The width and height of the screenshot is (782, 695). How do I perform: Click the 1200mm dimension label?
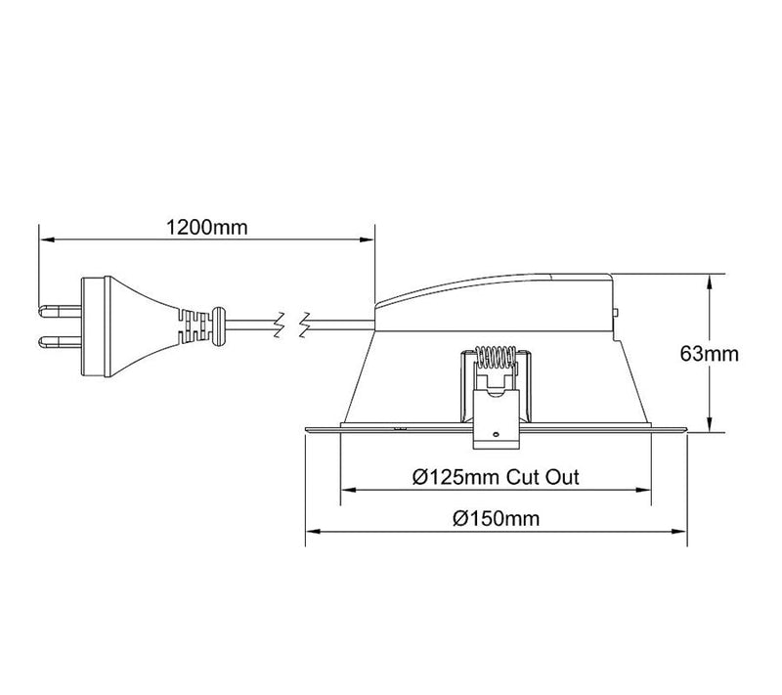pos(206,228)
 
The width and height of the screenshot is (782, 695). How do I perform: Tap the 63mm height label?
pos(710,354)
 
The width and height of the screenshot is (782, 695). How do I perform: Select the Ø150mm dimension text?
pos(497,518)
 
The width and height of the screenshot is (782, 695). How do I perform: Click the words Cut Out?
pos(543,477)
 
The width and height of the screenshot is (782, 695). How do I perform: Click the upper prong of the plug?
pos(60,312)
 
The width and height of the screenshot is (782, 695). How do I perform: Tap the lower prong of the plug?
pos(60,342)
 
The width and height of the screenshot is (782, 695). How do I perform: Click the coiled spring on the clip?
pos(496,357)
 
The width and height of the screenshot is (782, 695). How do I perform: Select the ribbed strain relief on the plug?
pos(195,326)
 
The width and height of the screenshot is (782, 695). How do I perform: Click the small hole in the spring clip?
pos(496,434)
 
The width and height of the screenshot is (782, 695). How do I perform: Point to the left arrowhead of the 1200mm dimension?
pos(46,239)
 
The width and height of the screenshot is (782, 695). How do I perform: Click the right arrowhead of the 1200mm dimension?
pos(368,239)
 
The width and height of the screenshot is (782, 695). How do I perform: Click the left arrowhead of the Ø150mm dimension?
pos(313,532)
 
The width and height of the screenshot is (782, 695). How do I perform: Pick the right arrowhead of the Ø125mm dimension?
pos(644,490)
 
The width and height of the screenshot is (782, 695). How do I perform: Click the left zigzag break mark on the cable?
pos(281,326)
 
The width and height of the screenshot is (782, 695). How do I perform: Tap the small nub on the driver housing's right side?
pos(616,313)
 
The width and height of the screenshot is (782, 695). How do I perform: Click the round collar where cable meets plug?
pos(218,326)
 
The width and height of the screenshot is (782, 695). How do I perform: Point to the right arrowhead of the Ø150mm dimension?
pos(679,532)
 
